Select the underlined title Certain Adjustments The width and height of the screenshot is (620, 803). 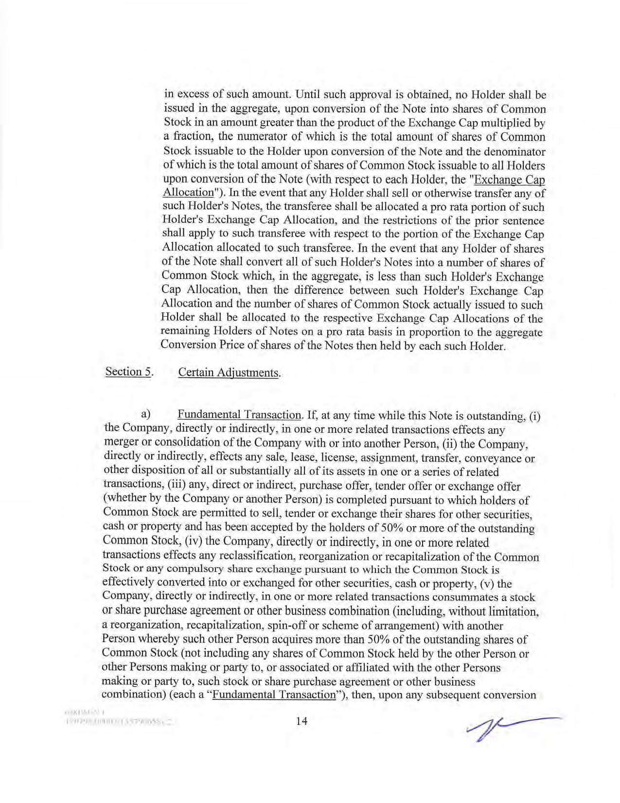point(230,373)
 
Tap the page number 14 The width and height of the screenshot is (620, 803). point(301,721)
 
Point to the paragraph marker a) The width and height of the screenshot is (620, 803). point(145,414)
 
